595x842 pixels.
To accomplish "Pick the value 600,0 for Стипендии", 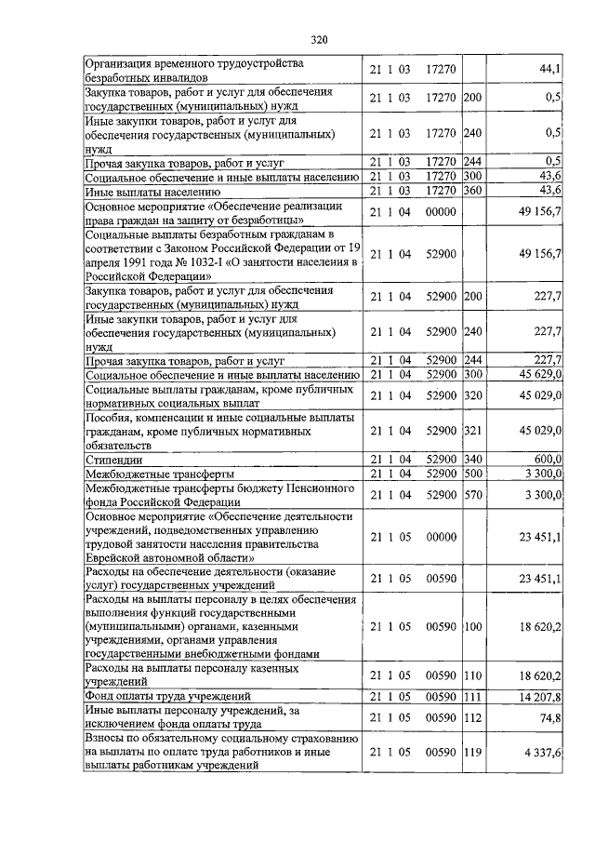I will point(545,460).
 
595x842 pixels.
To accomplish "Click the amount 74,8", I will point(549,716).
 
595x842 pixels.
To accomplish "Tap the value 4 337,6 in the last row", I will point(542,752).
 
